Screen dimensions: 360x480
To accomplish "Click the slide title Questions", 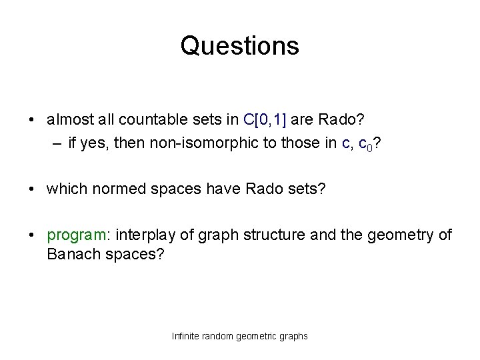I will pyautogui.click(x=239, y=46).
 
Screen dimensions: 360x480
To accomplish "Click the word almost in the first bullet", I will pyautogui.click(x=66, y=119).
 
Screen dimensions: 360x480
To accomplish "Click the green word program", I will pyautogui.click(x=75, y=235).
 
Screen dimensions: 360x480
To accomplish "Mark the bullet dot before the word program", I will pyautogui.click(x=32, y=236).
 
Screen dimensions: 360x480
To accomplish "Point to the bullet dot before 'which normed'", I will pyautogui.click(x=32, y=189).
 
